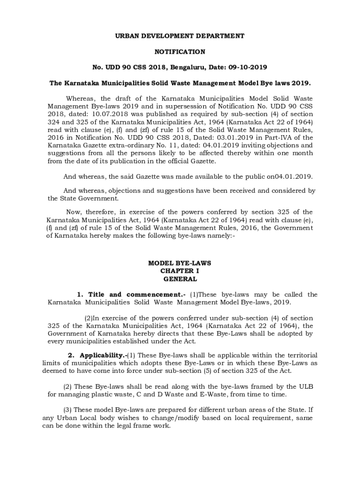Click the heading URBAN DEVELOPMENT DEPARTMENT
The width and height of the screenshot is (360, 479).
tap(180, 36)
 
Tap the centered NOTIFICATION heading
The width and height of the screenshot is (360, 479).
tap(180, 51)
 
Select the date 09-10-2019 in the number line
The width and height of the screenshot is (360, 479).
tap(248, 67)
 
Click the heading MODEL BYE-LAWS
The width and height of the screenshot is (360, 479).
tap(180, 263)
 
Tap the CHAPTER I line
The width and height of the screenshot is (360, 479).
tap(180, 271)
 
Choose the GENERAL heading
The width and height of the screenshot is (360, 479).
tap(180, 279)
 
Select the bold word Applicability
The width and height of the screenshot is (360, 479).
tap(97, 356)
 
